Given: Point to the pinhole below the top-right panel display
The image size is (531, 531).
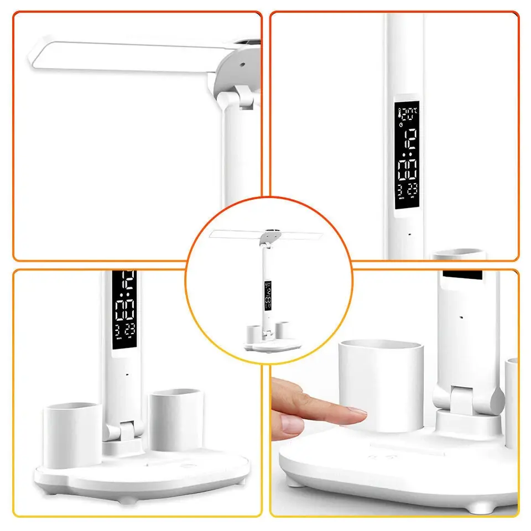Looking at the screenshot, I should [409, 234].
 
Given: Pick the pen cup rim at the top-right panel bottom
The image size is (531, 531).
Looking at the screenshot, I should [459, 254].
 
